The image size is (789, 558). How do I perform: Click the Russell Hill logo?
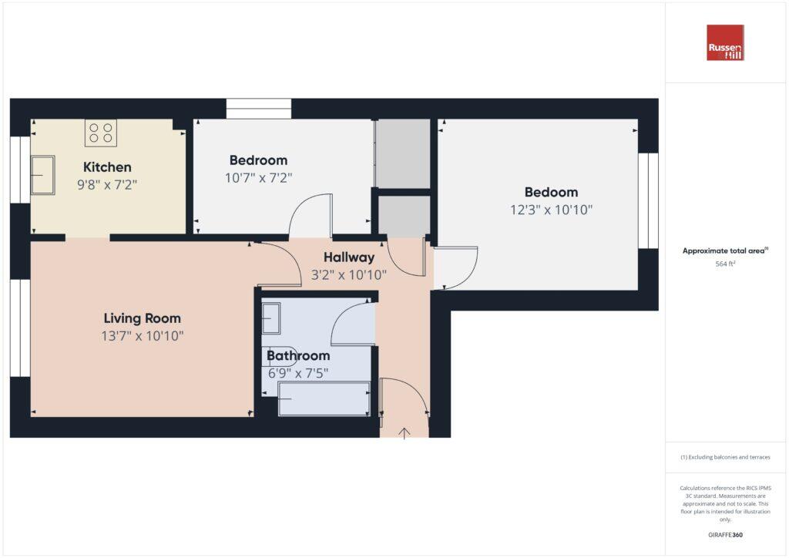coord(725,43)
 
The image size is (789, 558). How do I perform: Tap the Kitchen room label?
coord(107,167)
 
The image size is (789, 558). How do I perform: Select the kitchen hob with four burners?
coord(101,133)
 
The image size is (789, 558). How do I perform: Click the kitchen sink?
coord(42,175)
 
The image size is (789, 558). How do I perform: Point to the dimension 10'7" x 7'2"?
coord(258,178)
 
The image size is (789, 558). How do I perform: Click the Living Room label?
coord(142,318)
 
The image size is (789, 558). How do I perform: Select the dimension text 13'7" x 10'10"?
coord(143,336)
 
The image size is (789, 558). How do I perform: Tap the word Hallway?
coord(348,257)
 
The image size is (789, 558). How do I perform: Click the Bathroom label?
coord(298,355)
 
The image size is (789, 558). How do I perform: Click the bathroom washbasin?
coord(271,318)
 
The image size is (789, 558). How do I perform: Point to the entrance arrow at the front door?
coord(405,433)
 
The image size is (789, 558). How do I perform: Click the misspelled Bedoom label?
coord(551,193)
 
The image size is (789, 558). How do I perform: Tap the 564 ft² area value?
coord(725,264)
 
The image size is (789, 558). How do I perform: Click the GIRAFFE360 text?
coord(725,535)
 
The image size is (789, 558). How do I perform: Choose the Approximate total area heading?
coord(725,250)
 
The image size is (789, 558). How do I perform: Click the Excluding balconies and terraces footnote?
coord(725,457)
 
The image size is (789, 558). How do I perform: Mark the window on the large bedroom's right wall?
coord(649,200)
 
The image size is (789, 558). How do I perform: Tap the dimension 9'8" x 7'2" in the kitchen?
coord(107,185)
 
